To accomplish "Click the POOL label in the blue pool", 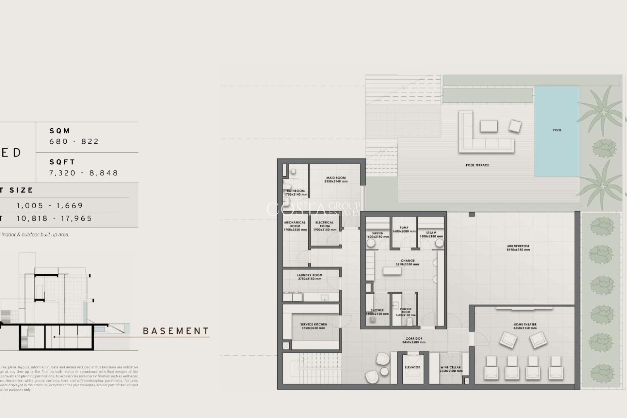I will [557, 130].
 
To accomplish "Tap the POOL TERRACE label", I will [477, 165].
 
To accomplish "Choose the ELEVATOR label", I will [412, 367].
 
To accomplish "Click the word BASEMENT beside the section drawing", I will [176, 331].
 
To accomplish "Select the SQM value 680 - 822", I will [74, 141].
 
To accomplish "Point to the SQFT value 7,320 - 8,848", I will [84, 173].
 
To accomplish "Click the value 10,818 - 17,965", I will [55, 218].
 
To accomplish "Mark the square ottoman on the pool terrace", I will [515, 126].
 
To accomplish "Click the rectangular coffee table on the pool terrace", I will [489, 126].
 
